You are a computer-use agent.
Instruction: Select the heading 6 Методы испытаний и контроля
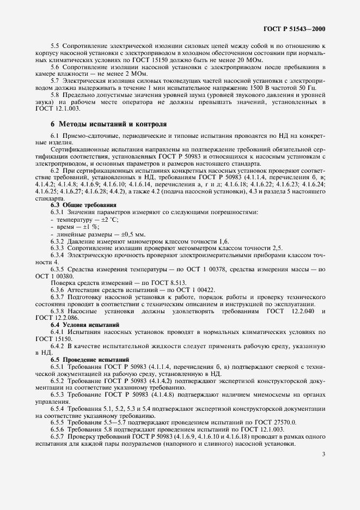click(x=108, y=124)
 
